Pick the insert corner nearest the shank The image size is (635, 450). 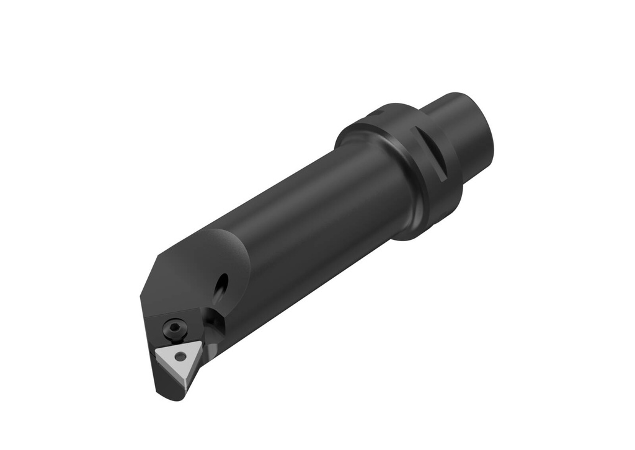pyautogui.click(x=200, y=342)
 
